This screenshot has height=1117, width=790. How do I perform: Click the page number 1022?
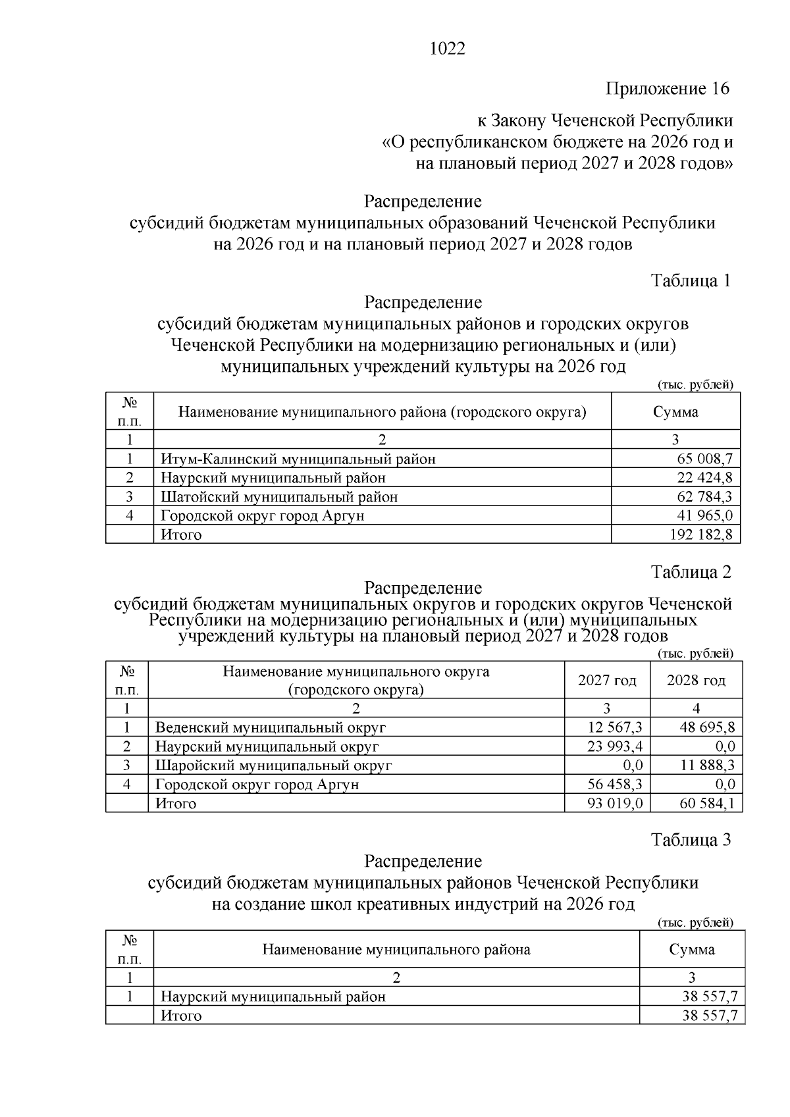click(447, 49)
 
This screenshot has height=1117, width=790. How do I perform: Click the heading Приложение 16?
click(668, 89)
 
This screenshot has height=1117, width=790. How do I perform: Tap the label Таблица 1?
click(691, 281)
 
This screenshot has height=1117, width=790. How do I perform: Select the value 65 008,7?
click(704, 459)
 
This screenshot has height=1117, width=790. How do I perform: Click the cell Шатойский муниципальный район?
click(279, 497)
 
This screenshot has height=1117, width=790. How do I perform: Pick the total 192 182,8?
click(700, 534)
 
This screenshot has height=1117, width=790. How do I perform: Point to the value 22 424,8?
click(704, 478)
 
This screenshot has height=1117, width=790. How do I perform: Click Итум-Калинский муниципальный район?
click(298, 459)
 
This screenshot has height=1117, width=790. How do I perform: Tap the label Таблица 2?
click(691, 572)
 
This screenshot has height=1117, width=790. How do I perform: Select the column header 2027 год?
click(607, 681)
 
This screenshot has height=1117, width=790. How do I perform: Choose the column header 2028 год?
click(696, 681)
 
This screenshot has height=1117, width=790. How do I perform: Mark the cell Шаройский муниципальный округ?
click(273, 766)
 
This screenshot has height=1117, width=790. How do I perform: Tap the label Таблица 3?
click(691, 841)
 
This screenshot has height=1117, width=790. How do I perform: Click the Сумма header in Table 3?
click(692, 949)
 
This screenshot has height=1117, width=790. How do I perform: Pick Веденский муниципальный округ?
click(270, 727)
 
